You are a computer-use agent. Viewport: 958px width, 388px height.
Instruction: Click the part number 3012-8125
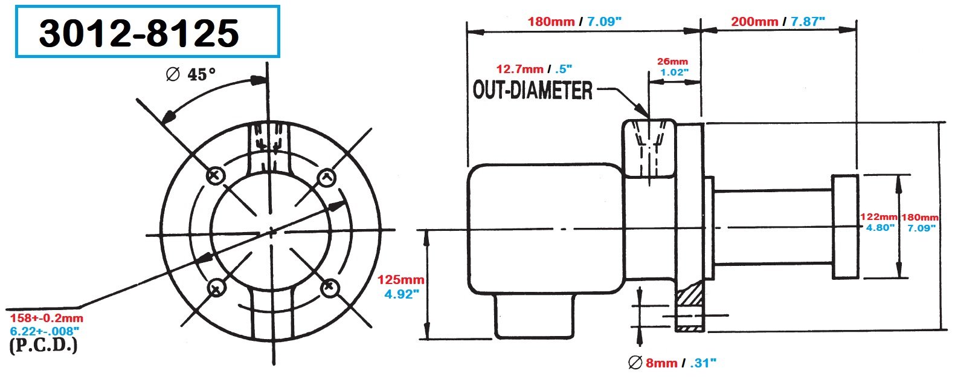[140, 33]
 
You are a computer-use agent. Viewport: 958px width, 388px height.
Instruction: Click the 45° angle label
[191, 75]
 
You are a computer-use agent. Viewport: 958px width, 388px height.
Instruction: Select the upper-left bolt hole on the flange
[216, 176]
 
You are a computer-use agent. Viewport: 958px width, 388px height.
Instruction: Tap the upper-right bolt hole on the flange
[326, 176]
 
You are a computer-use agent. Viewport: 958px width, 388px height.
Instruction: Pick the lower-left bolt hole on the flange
[215, 288]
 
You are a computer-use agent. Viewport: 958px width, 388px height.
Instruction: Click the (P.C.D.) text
[43, 346]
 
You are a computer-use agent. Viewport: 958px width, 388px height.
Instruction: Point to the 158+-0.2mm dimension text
[47, 318]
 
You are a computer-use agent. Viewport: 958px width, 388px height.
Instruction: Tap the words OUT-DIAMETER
[533, 91]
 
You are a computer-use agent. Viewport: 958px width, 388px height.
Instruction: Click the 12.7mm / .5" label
[534, 68]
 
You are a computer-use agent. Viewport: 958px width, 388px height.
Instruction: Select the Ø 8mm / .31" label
[672, 363]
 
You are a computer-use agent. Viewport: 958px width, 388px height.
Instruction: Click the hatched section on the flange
[690, 297]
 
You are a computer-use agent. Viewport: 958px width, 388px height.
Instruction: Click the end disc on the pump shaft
[845, 227]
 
